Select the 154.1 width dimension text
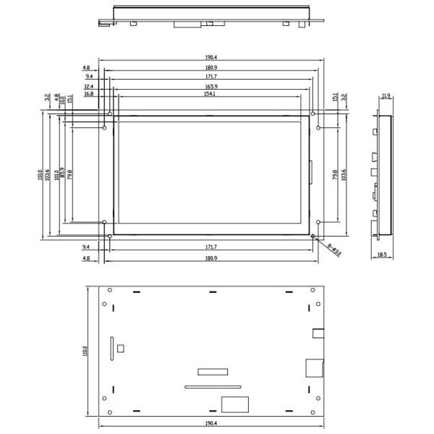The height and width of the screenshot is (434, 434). click(x=210, y=93)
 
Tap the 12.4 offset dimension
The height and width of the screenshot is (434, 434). click(x=89, y=86)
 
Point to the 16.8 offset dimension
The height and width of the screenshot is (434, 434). click(x=89, y=93)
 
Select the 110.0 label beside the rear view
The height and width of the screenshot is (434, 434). click(x=85, y=351)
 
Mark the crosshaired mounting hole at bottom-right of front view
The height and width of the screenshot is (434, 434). click(x=312, y=236)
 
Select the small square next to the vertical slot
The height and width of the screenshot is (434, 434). click(x=121, y=348)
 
